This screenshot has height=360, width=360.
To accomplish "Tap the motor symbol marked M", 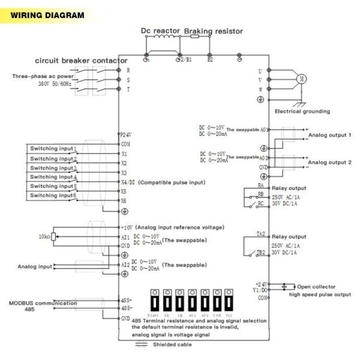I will point(302,79).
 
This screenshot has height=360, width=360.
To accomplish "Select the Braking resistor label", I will point(213,30).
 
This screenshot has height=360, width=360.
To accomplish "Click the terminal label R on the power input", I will point(128,70).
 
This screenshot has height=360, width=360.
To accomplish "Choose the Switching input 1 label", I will point(53,148).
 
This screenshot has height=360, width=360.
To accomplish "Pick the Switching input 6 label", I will point(53,196).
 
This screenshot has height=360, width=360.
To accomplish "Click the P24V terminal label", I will point(125,136).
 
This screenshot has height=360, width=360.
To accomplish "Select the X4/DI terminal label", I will point(127,182).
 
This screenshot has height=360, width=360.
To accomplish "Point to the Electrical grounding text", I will point(302,111).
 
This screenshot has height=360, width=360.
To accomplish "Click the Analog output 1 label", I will point(329,136).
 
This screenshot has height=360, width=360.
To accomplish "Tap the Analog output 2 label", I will point(329,163).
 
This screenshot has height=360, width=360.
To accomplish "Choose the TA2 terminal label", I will point(261,233).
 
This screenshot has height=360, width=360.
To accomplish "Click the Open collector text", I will point(316,286).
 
